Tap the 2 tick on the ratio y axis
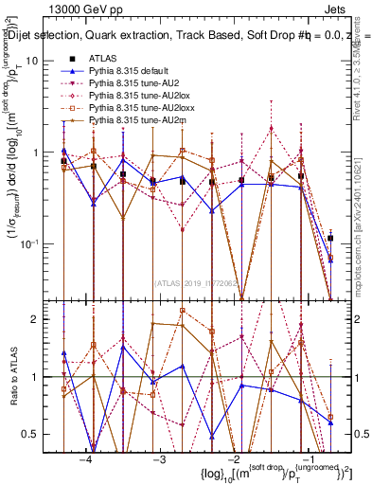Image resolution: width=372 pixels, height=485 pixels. tap(43, 319)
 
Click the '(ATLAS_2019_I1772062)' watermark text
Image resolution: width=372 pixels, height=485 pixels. tap(199, 281)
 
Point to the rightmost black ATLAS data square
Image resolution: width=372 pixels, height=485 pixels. tap(330, 238)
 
